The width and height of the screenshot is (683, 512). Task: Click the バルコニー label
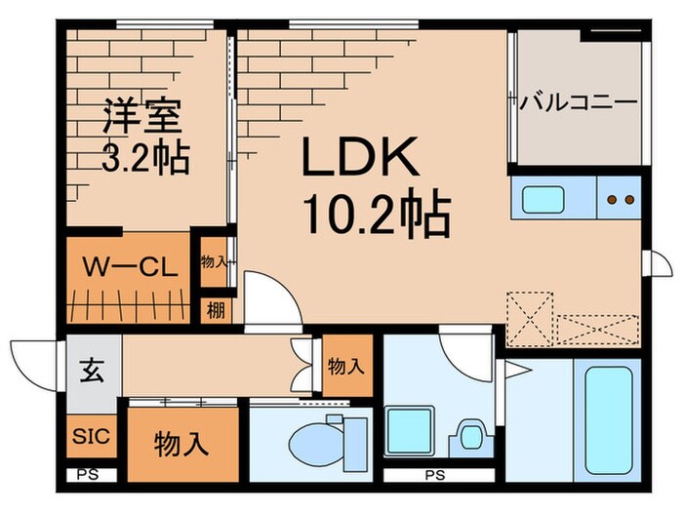(x=579, y=100)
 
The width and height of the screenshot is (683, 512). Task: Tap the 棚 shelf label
(x=213, y=311)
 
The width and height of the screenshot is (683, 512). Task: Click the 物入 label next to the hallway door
(x=346, y=368)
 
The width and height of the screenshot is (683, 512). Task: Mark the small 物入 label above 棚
(x=213, y=261)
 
